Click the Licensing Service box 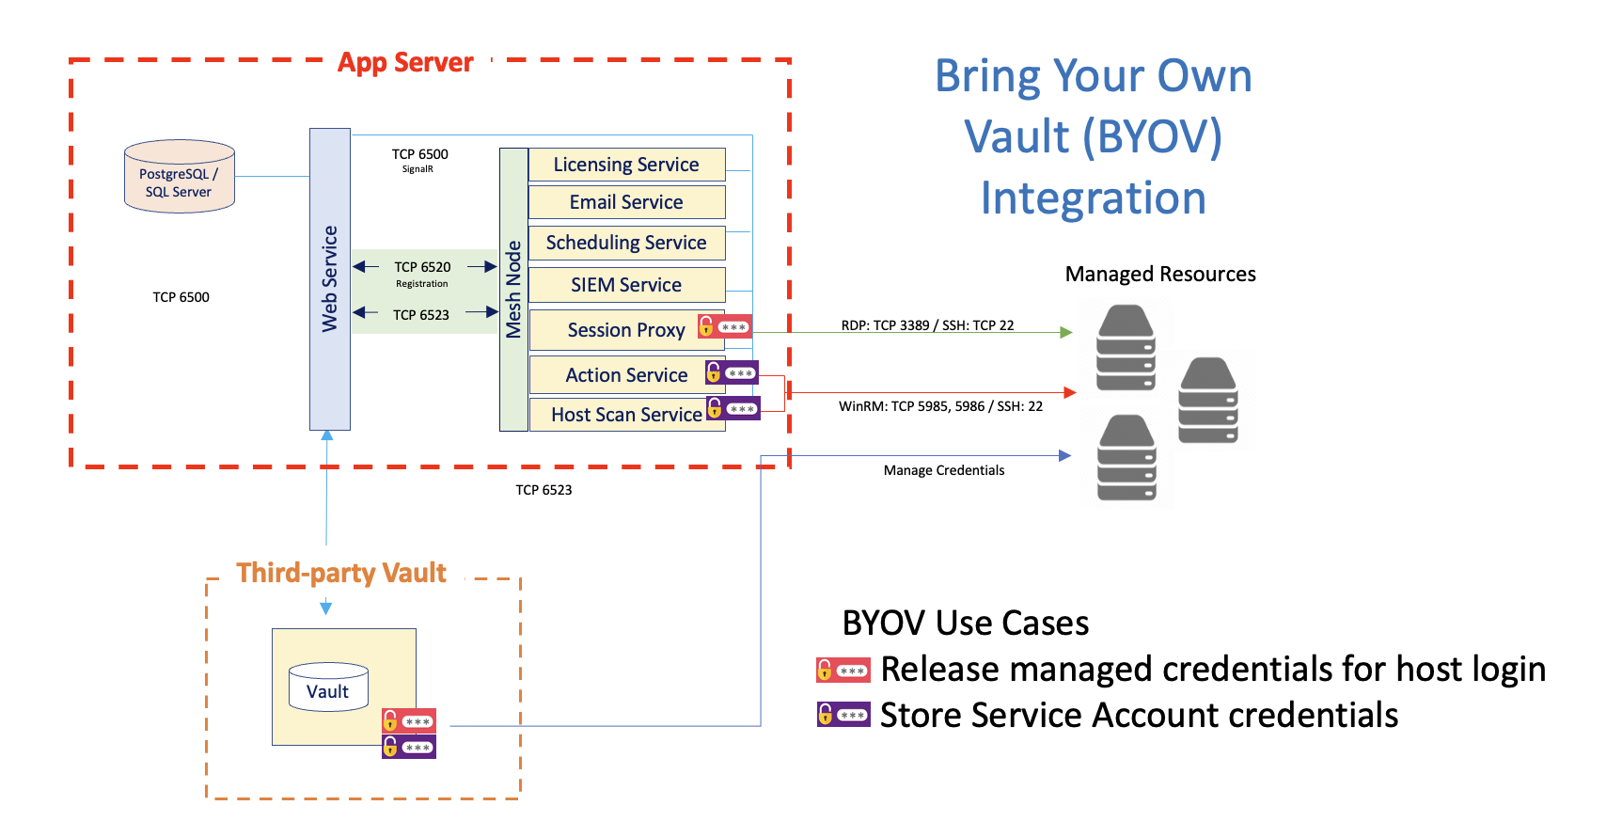626,165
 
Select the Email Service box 626,202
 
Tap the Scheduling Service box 626,243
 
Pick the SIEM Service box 626,285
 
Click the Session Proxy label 625,330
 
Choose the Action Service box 626,375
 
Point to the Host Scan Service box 626,415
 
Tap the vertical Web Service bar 330,279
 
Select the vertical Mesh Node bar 513,289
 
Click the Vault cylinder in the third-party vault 328,687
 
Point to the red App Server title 405,62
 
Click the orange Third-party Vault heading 341,573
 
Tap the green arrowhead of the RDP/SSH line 1066,332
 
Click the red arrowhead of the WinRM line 1069,392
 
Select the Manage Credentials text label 943,470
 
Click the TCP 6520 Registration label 422,274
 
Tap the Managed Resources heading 1159,274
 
